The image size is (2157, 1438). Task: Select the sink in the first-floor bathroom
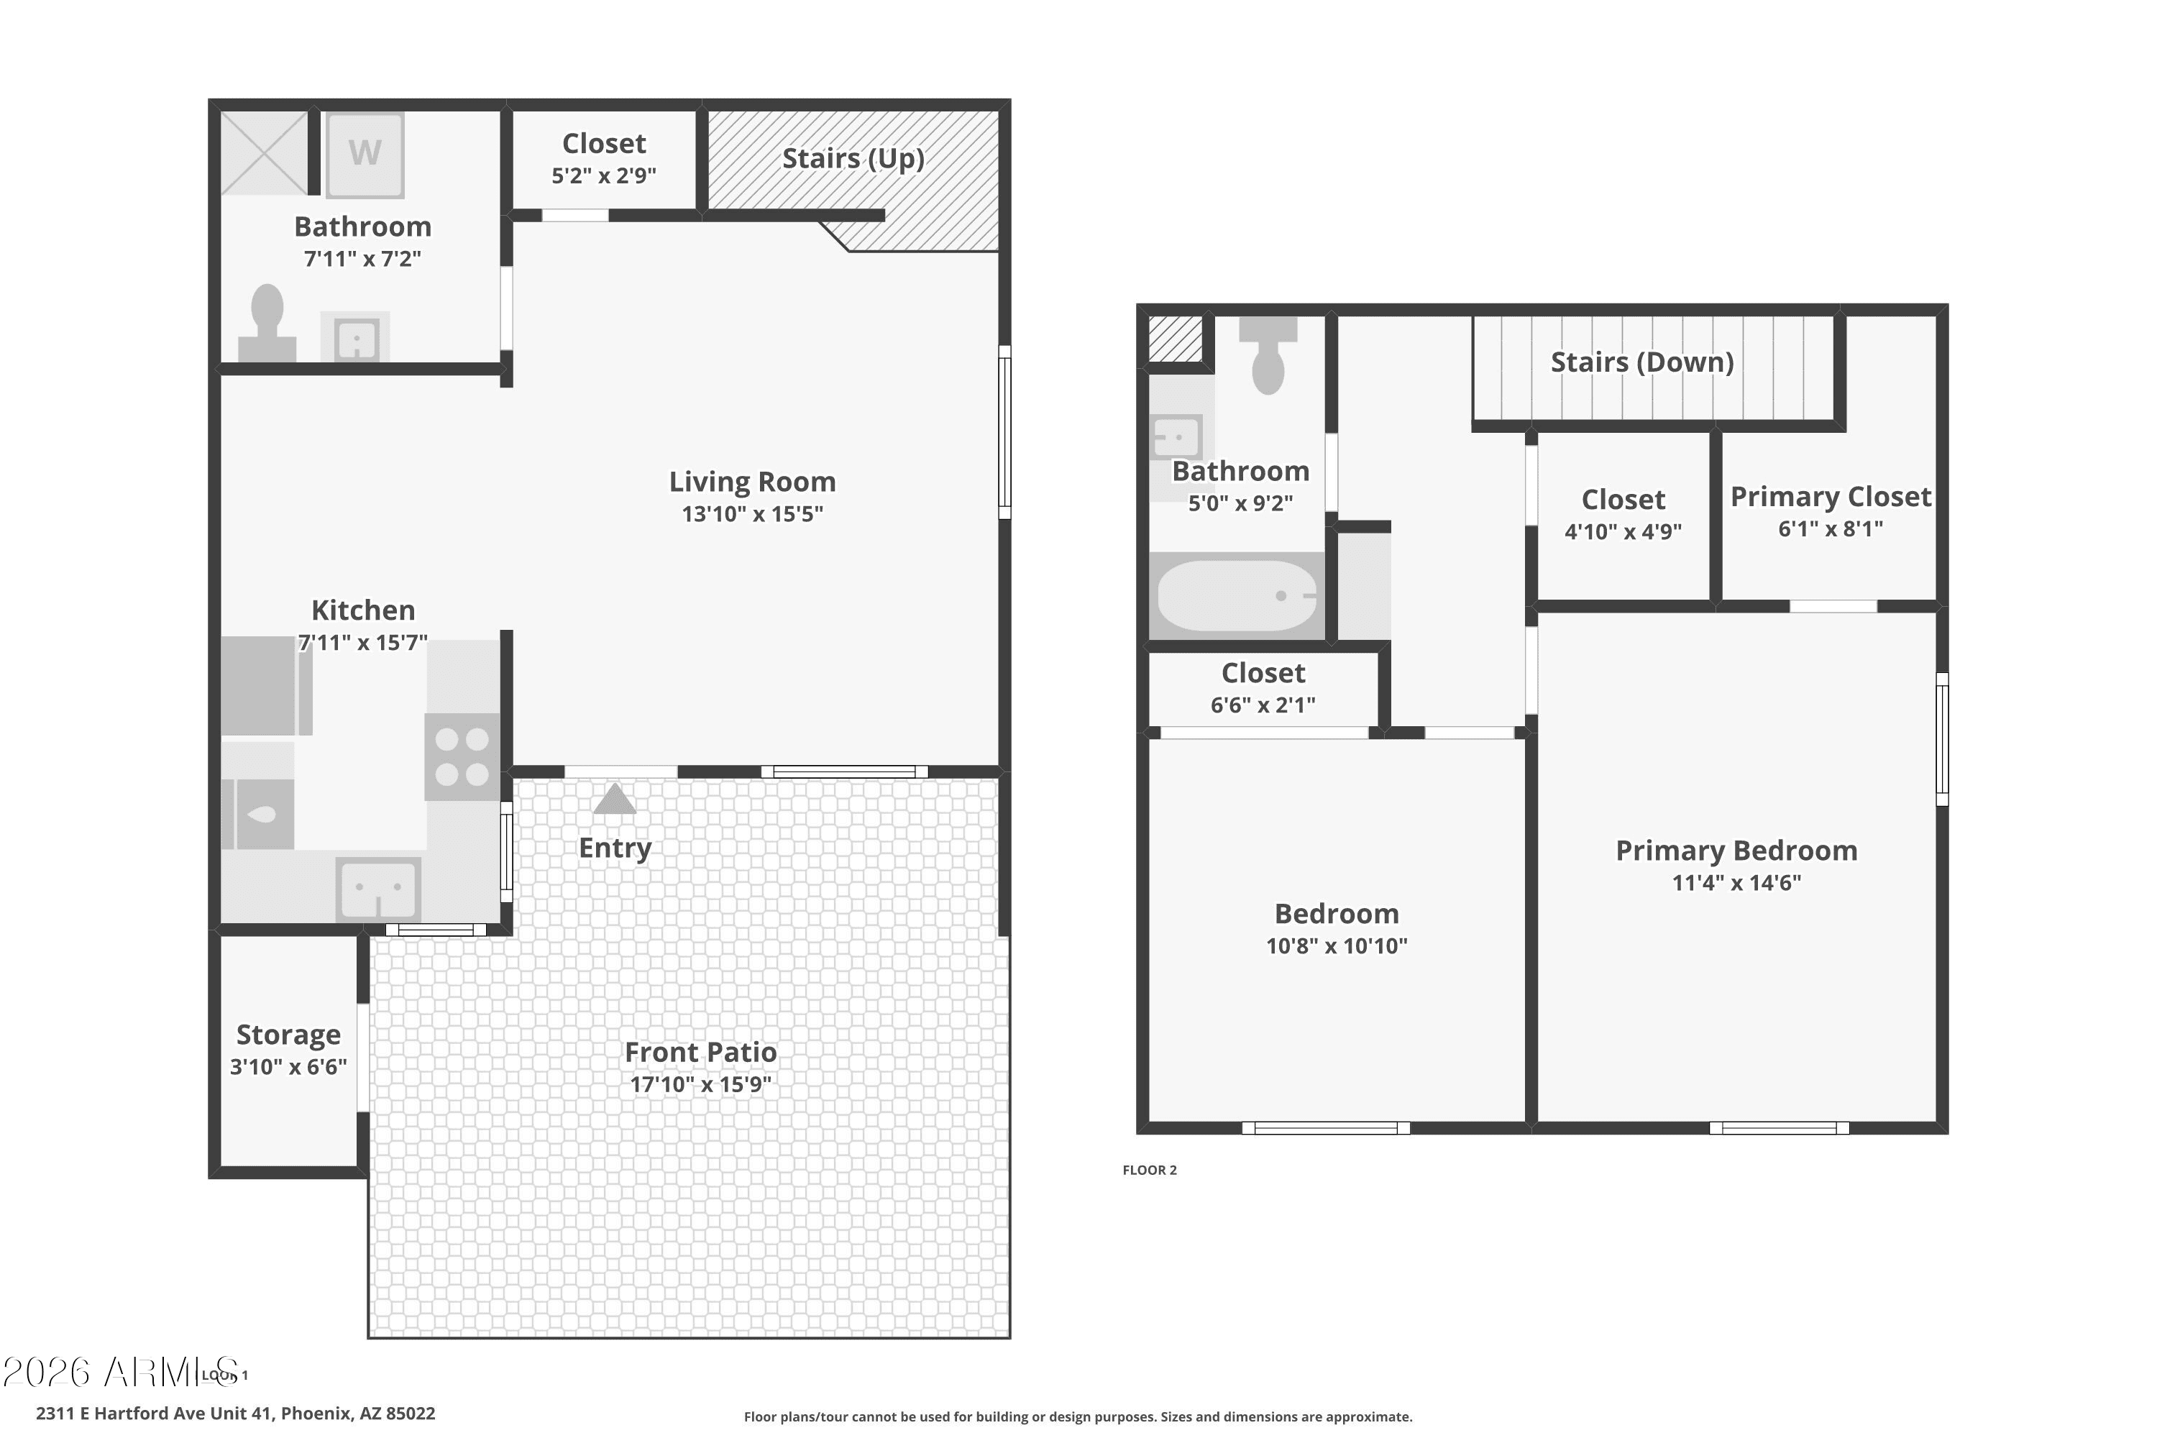pyautogui.click(x=355, y=336)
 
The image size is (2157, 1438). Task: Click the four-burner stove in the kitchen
pyautogui.click(x=462, y=756)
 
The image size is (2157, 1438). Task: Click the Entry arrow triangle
pyautogui.click(x=615, y=799)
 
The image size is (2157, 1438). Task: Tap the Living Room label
pyautogui.click(x=752, y=482)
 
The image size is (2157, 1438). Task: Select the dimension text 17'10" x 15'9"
pyautogui.click(x=700, y=1084)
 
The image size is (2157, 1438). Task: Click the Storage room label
pyautogui.click(x=289, y=1035)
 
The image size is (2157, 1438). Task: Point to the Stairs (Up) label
pyautogui.click(x=853, y=159)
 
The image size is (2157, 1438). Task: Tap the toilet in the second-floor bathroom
pyautogui.click(x=1268, y=356)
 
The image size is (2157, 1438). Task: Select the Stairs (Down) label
pyautogui.click(x=1642, y=362)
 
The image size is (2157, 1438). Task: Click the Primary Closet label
pyautogui.click(x=1831, y=496)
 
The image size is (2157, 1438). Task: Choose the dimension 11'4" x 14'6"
pyautogui.click(x=1737, y=882)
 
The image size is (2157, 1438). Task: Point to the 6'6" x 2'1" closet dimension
pyautogui.click(x=1263, y=705)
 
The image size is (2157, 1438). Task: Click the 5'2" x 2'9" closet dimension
pyautogui.click(x=603, y=175)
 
